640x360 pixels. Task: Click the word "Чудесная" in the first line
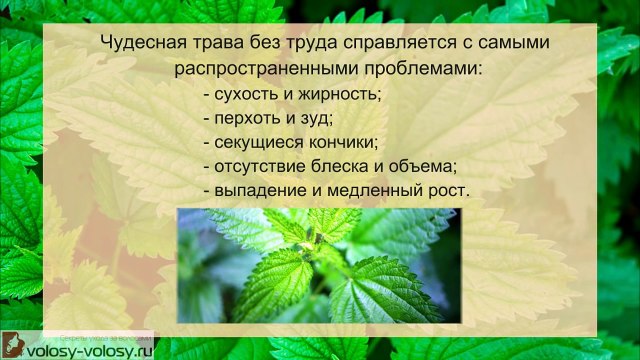pos(144,46)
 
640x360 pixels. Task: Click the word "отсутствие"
pos(259,164)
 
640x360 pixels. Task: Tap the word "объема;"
pos(424,164)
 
